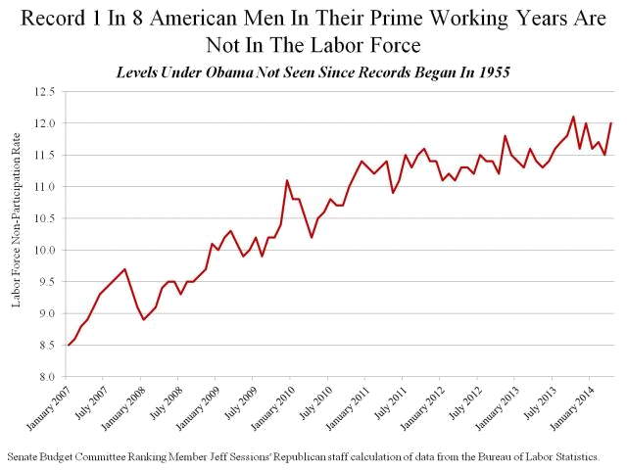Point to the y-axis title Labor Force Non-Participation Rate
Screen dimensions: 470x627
(x=17, y=234)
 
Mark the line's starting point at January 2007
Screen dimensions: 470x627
(x=69, y=345)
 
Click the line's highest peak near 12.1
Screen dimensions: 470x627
(x=573, y=117)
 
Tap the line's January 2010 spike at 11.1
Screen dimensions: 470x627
(x=287, y=180)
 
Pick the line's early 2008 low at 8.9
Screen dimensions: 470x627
(x=144, y=319)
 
